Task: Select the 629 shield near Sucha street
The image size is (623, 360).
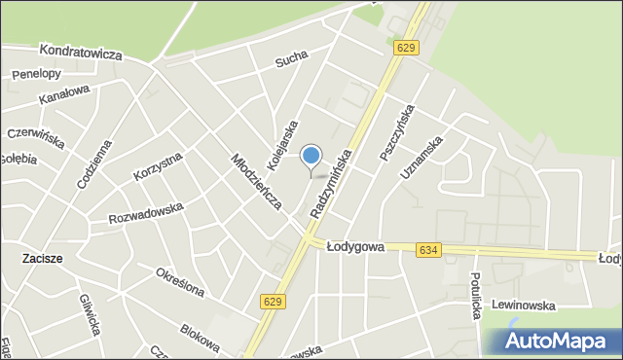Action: [406, 48]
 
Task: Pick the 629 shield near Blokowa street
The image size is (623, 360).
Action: [274, 304]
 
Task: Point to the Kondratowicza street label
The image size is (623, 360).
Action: [81, 53]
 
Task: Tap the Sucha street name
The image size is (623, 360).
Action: [291, 62]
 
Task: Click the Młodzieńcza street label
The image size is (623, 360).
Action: [256, 181]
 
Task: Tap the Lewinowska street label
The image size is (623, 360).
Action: [523, 305]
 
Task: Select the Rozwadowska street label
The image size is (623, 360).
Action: [146, 211]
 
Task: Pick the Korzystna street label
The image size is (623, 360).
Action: [157, 166]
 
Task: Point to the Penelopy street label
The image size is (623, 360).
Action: [36, 74]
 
